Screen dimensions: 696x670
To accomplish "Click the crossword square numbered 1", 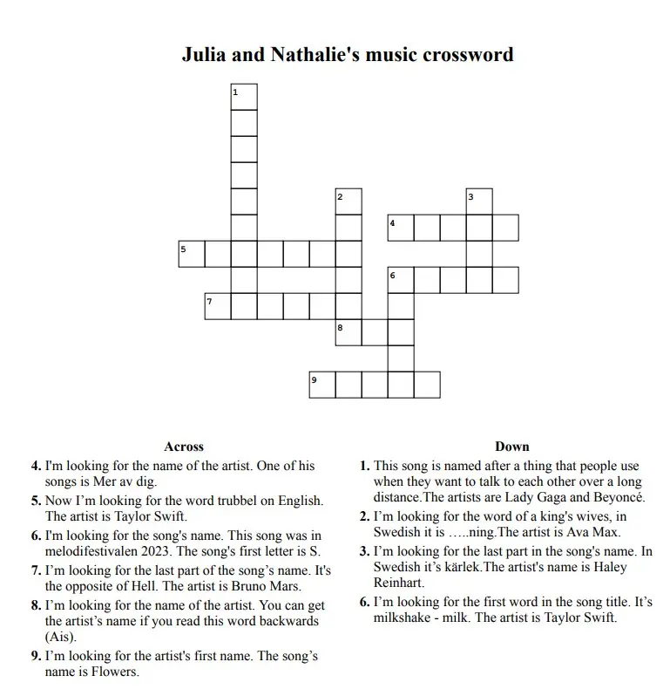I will click(x=244, y=97).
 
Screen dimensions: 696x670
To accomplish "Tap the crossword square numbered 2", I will click(x=349, y=201).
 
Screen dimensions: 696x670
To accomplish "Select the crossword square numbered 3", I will click(x=479, y=201).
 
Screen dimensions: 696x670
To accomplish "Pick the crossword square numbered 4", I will click(x=401, y=228).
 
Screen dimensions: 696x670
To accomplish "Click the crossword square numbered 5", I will click(x=192, y=254).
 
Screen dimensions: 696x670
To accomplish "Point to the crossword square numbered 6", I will click(x=401, y=280).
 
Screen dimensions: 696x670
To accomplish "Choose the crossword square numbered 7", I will click(x=218, y=306).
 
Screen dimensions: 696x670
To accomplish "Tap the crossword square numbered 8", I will click(x=349, y=332).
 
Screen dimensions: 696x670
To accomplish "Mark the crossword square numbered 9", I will click(x=322, y=385).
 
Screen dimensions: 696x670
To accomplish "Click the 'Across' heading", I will click(x=184, y=447).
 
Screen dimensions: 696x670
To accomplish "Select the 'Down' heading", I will click(x=512, y=447).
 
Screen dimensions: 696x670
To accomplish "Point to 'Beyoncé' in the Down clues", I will click(x=619, y=498).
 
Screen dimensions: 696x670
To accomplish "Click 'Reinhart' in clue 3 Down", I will click(x=399, y=583).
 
